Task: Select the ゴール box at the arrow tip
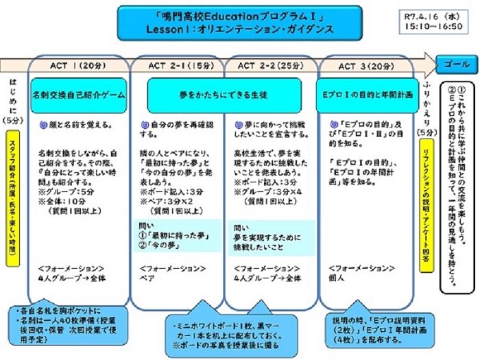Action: point(453,64)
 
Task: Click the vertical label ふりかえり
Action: point(428,110)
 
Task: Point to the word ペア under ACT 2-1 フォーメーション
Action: point(148,278)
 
